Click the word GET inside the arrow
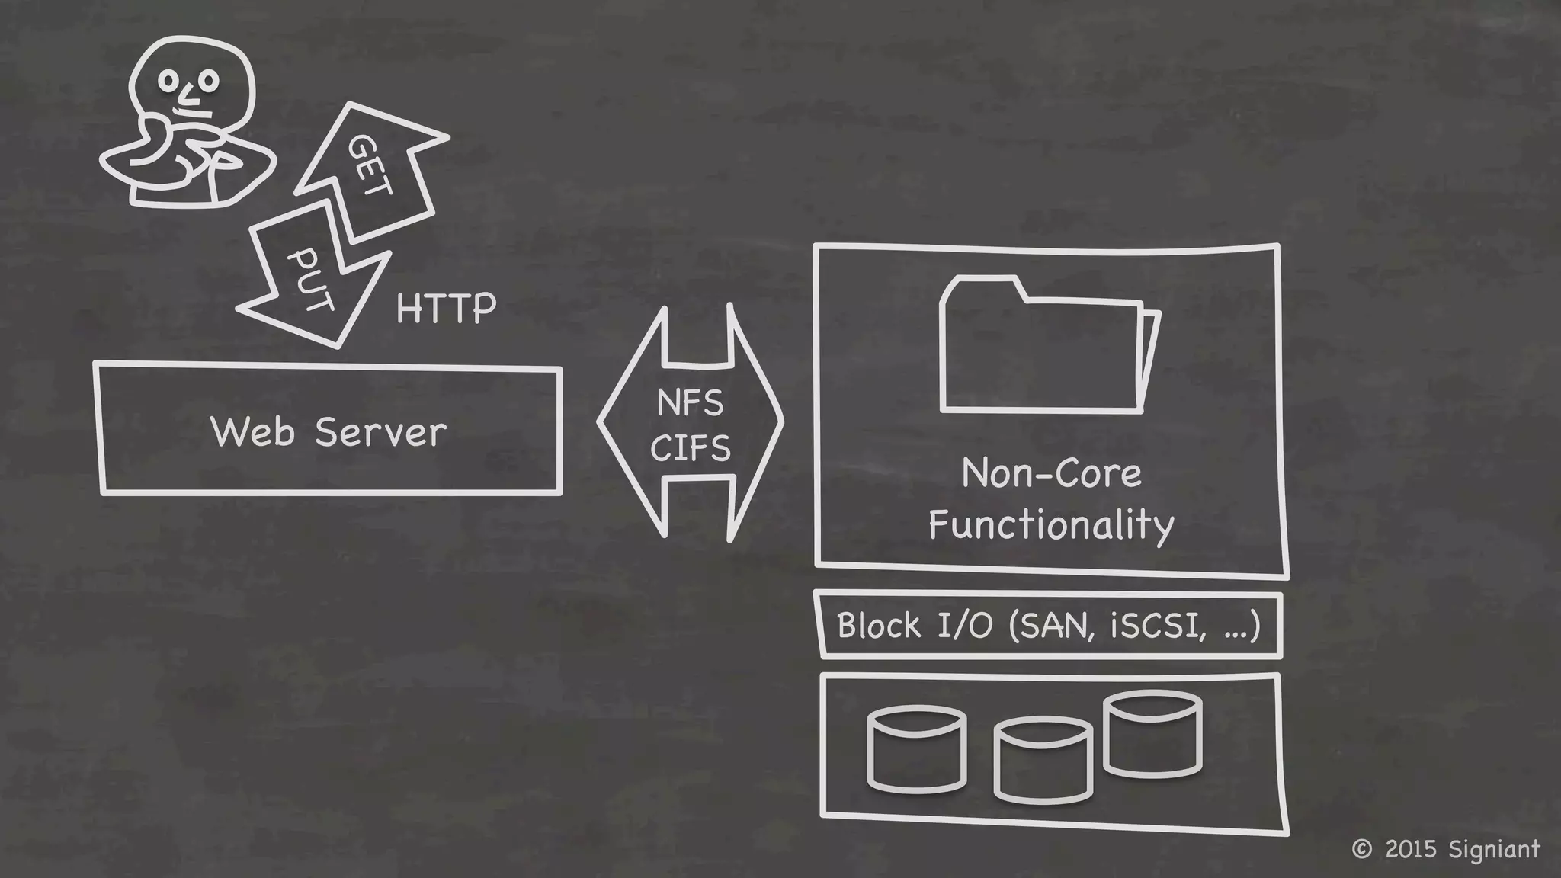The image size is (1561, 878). (371, 165)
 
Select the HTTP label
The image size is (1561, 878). (446, 309)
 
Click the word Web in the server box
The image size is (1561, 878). (252, 432)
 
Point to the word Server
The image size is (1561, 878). (380, 432)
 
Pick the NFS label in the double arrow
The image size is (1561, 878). (690, 402)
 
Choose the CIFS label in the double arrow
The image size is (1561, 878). (691, 447)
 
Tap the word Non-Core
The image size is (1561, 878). (1052, 473)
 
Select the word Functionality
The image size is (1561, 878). (1051, 524)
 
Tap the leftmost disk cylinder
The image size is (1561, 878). (917, 750)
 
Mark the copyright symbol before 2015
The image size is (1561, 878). (1361, 849)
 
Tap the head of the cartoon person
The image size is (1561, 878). (191, 80)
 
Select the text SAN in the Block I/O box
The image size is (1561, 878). (1053, 626)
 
